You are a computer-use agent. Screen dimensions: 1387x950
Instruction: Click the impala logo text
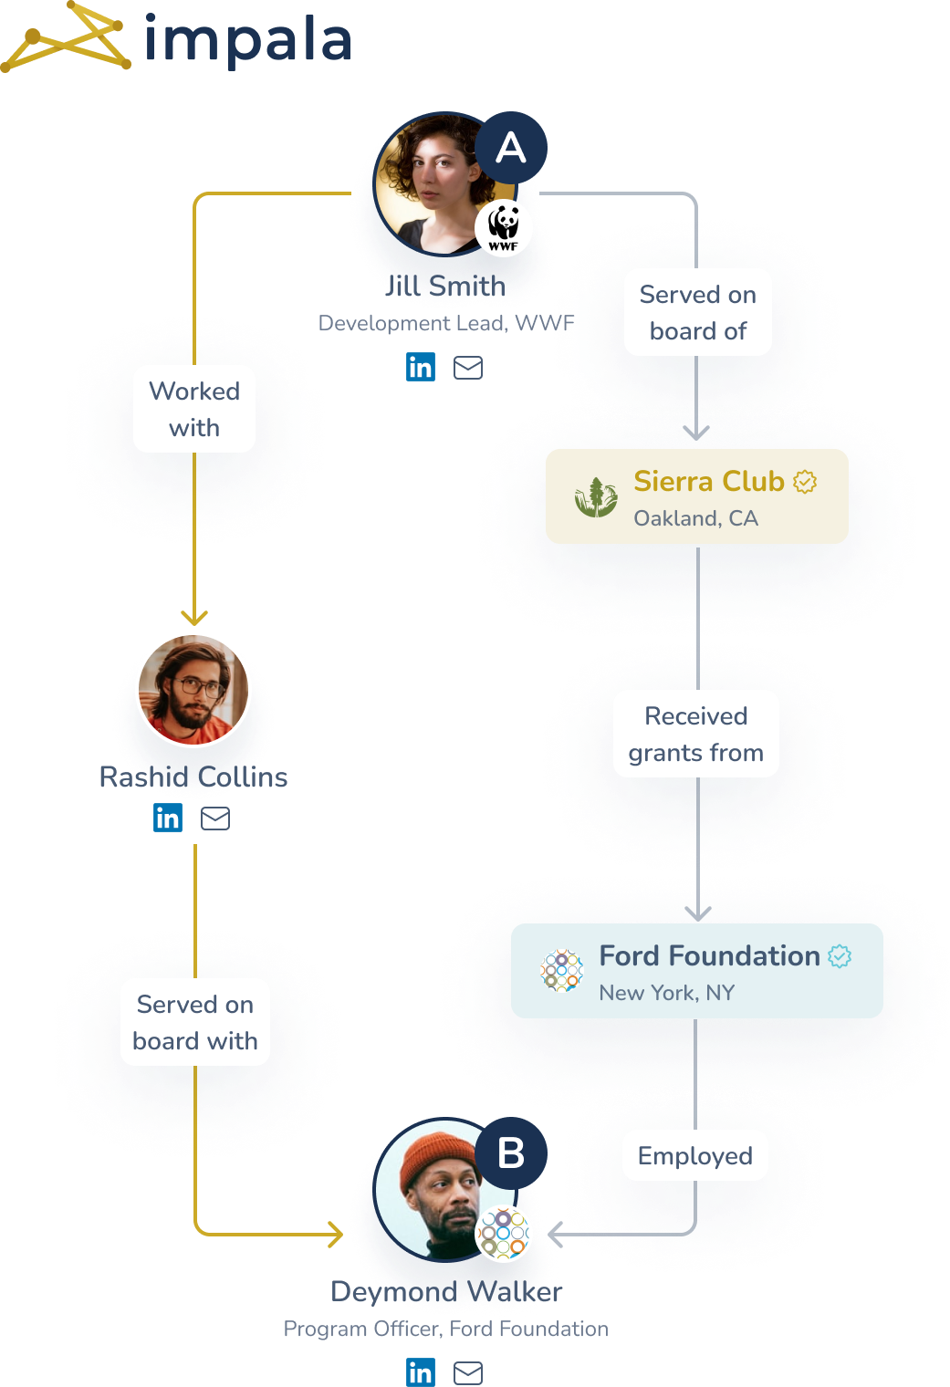tap(248, 40)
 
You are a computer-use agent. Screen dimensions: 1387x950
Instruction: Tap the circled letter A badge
tap(511, 148)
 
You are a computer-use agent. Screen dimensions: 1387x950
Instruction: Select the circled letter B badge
tap(511, 1153)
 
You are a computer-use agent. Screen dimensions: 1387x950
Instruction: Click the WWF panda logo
tap(504, 228)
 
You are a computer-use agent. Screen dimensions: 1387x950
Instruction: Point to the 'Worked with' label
tap(194, 409)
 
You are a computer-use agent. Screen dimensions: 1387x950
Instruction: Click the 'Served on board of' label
tap(698, 312)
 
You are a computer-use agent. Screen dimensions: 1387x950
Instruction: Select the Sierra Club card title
tap(709, 481)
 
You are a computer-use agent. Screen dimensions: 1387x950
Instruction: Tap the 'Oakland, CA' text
tap(695, 518)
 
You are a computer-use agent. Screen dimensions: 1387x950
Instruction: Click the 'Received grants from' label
tap(696, 734)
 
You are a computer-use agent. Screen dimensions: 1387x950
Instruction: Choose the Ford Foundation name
tap(709, 955)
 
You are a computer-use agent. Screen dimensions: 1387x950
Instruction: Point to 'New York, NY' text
tap(666, 993)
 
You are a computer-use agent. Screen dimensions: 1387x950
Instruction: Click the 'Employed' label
tap(695, 1156)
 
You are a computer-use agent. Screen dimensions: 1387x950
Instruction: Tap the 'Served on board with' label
tap(195, 1022)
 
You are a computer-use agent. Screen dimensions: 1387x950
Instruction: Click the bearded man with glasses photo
tap(193, 690)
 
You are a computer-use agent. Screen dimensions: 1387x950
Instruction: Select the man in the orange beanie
tap(438, 1186)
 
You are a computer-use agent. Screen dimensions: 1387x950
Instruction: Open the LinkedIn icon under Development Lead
tap(421, 367)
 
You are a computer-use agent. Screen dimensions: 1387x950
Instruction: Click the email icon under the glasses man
tap(215, 819)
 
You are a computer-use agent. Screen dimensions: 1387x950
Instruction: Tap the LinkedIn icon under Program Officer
tap(421, 1371)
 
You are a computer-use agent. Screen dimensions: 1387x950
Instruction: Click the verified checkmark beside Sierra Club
tap(805, 481)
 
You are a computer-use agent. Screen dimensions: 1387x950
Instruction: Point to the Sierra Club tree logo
tap(596, 497)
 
